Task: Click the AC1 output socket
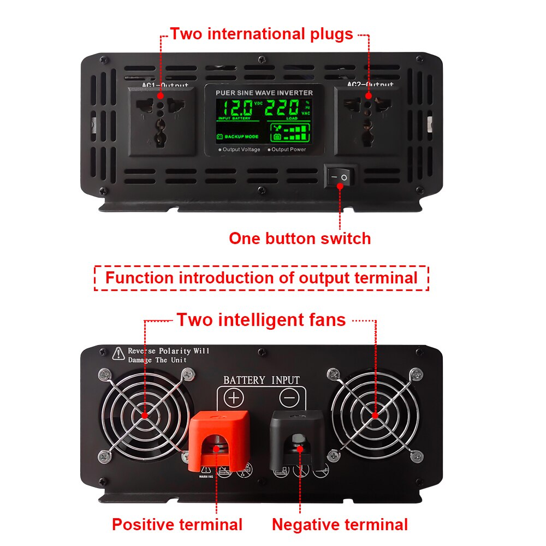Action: pyautogui.click(x=160, y=121)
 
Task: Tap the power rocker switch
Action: pyautogui.click(x=340, y=177)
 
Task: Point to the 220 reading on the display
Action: pyautogui.click(x=282, y=107)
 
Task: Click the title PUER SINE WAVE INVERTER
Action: pyautogui.click(x=264, y=93)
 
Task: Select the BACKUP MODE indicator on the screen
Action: pyautogui.click(x=238, y=136)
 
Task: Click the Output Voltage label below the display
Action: pyautogui.click(x=239, y=150)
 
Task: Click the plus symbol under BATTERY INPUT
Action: pyautogui.click(x=234, y=397)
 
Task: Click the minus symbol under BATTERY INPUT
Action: pyautogui.click(x=290, y=397)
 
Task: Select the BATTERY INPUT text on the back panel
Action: pyautogui.click(x=262, y=380)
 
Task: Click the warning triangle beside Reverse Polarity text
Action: pyautogui.click(x=118, y=354)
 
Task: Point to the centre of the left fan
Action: pyautogui.click(x=145, y=415)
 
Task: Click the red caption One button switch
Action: pyautogui.click(x=300, y=239)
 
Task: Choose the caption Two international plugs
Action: pyautogui.click(x=262, y=34)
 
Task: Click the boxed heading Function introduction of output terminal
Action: pyautogui.click(x=262, y=277)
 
